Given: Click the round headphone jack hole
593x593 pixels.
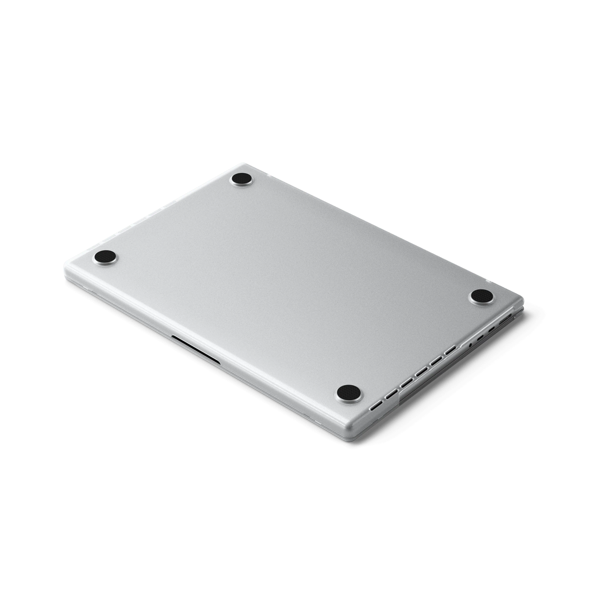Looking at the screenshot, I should pos(471,345).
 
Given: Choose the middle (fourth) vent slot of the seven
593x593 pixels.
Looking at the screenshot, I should pos(422,372).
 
